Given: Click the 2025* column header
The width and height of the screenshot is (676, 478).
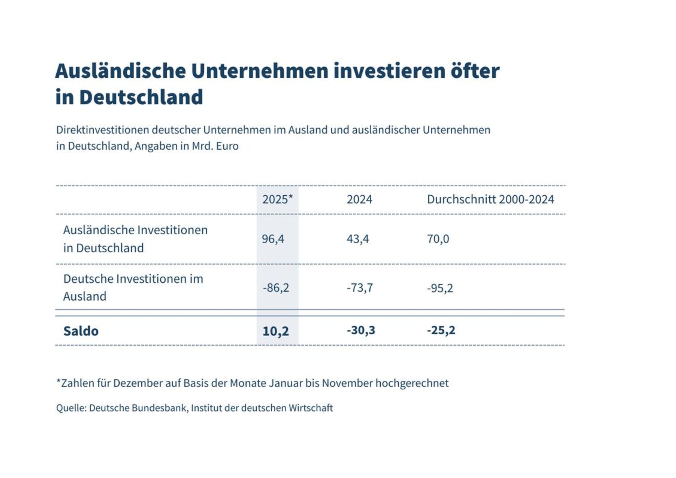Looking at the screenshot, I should [x=277, y=200].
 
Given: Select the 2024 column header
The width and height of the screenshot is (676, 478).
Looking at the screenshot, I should [x=359, y=200].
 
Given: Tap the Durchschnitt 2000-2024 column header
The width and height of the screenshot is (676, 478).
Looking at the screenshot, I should [x=490, y=200].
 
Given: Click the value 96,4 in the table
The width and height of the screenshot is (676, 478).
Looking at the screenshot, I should [x=273, y=239].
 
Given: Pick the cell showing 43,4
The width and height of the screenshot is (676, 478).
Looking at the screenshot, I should [x=358, y=239].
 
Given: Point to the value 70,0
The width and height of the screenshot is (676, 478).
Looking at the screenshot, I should [x=438, y=239].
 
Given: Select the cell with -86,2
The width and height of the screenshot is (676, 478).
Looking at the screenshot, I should [x=276, y=288].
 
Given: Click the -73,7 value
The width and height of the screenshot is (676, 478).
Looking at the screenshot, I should [x=360, y=288].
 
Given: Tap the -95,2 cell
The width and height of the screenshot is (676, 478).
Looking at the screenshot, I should [x=440, y=288].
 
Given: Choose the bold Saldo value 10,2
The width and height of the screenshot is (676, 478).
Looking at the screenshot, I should [x=276, y=331].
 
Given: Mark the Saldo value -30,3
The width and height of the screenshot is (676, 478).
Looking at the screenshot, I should [x=361, y=330].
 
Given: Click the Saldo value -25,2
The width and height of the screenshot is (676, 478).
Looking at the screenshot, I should [x=441, y=330].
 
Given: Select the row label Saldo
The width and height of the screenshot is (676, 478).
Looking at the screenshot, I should [x=81, y=331].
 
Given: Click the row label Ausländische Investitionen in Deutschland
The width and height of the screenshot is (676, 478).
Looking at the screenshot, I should [x=135, y=239].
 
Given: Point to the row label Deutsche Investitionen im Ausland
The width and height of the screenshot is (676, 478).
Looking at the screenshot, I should [x=133, y=287].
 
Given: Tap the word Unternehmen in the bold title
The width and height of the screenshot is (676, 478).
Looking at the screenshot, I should [x=259, y=71].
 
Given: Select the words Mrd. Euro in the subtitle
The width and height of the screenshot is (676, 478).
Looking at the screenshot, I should [x=215, y=146].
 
